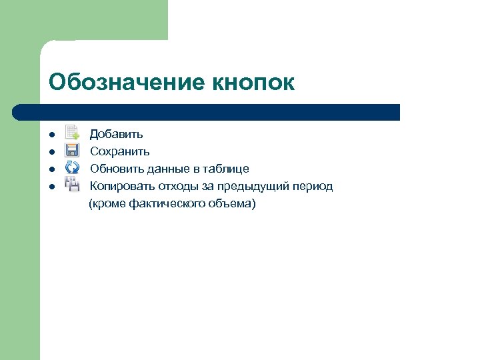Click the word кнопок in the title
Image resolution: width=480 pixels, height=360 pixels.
(253, 83)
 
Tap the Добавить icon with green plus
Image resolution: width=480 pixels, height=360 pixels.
(72, 133)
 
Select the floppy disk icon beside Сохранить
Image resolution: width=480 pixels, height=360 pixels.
(72, 151)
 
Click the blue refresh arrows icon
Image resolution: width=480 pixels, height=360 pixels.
(72, 167)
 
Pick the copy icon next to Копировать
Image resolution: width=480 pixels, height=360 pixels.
(72, 184)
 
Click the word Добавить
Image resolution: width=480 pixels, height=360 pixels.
(116, 135)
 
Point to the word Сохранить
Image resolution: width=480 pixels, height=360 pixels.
(119, 152)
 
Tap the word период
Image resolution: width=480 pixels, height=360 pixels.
(312, 186)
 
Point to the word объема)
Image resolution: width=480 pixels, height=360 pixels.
(231, 203)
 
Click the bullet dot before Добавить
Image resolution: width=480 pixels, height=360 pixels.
(51, 135)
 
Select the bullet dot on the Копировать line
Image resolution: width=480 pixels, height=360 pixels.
(51, 187)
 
